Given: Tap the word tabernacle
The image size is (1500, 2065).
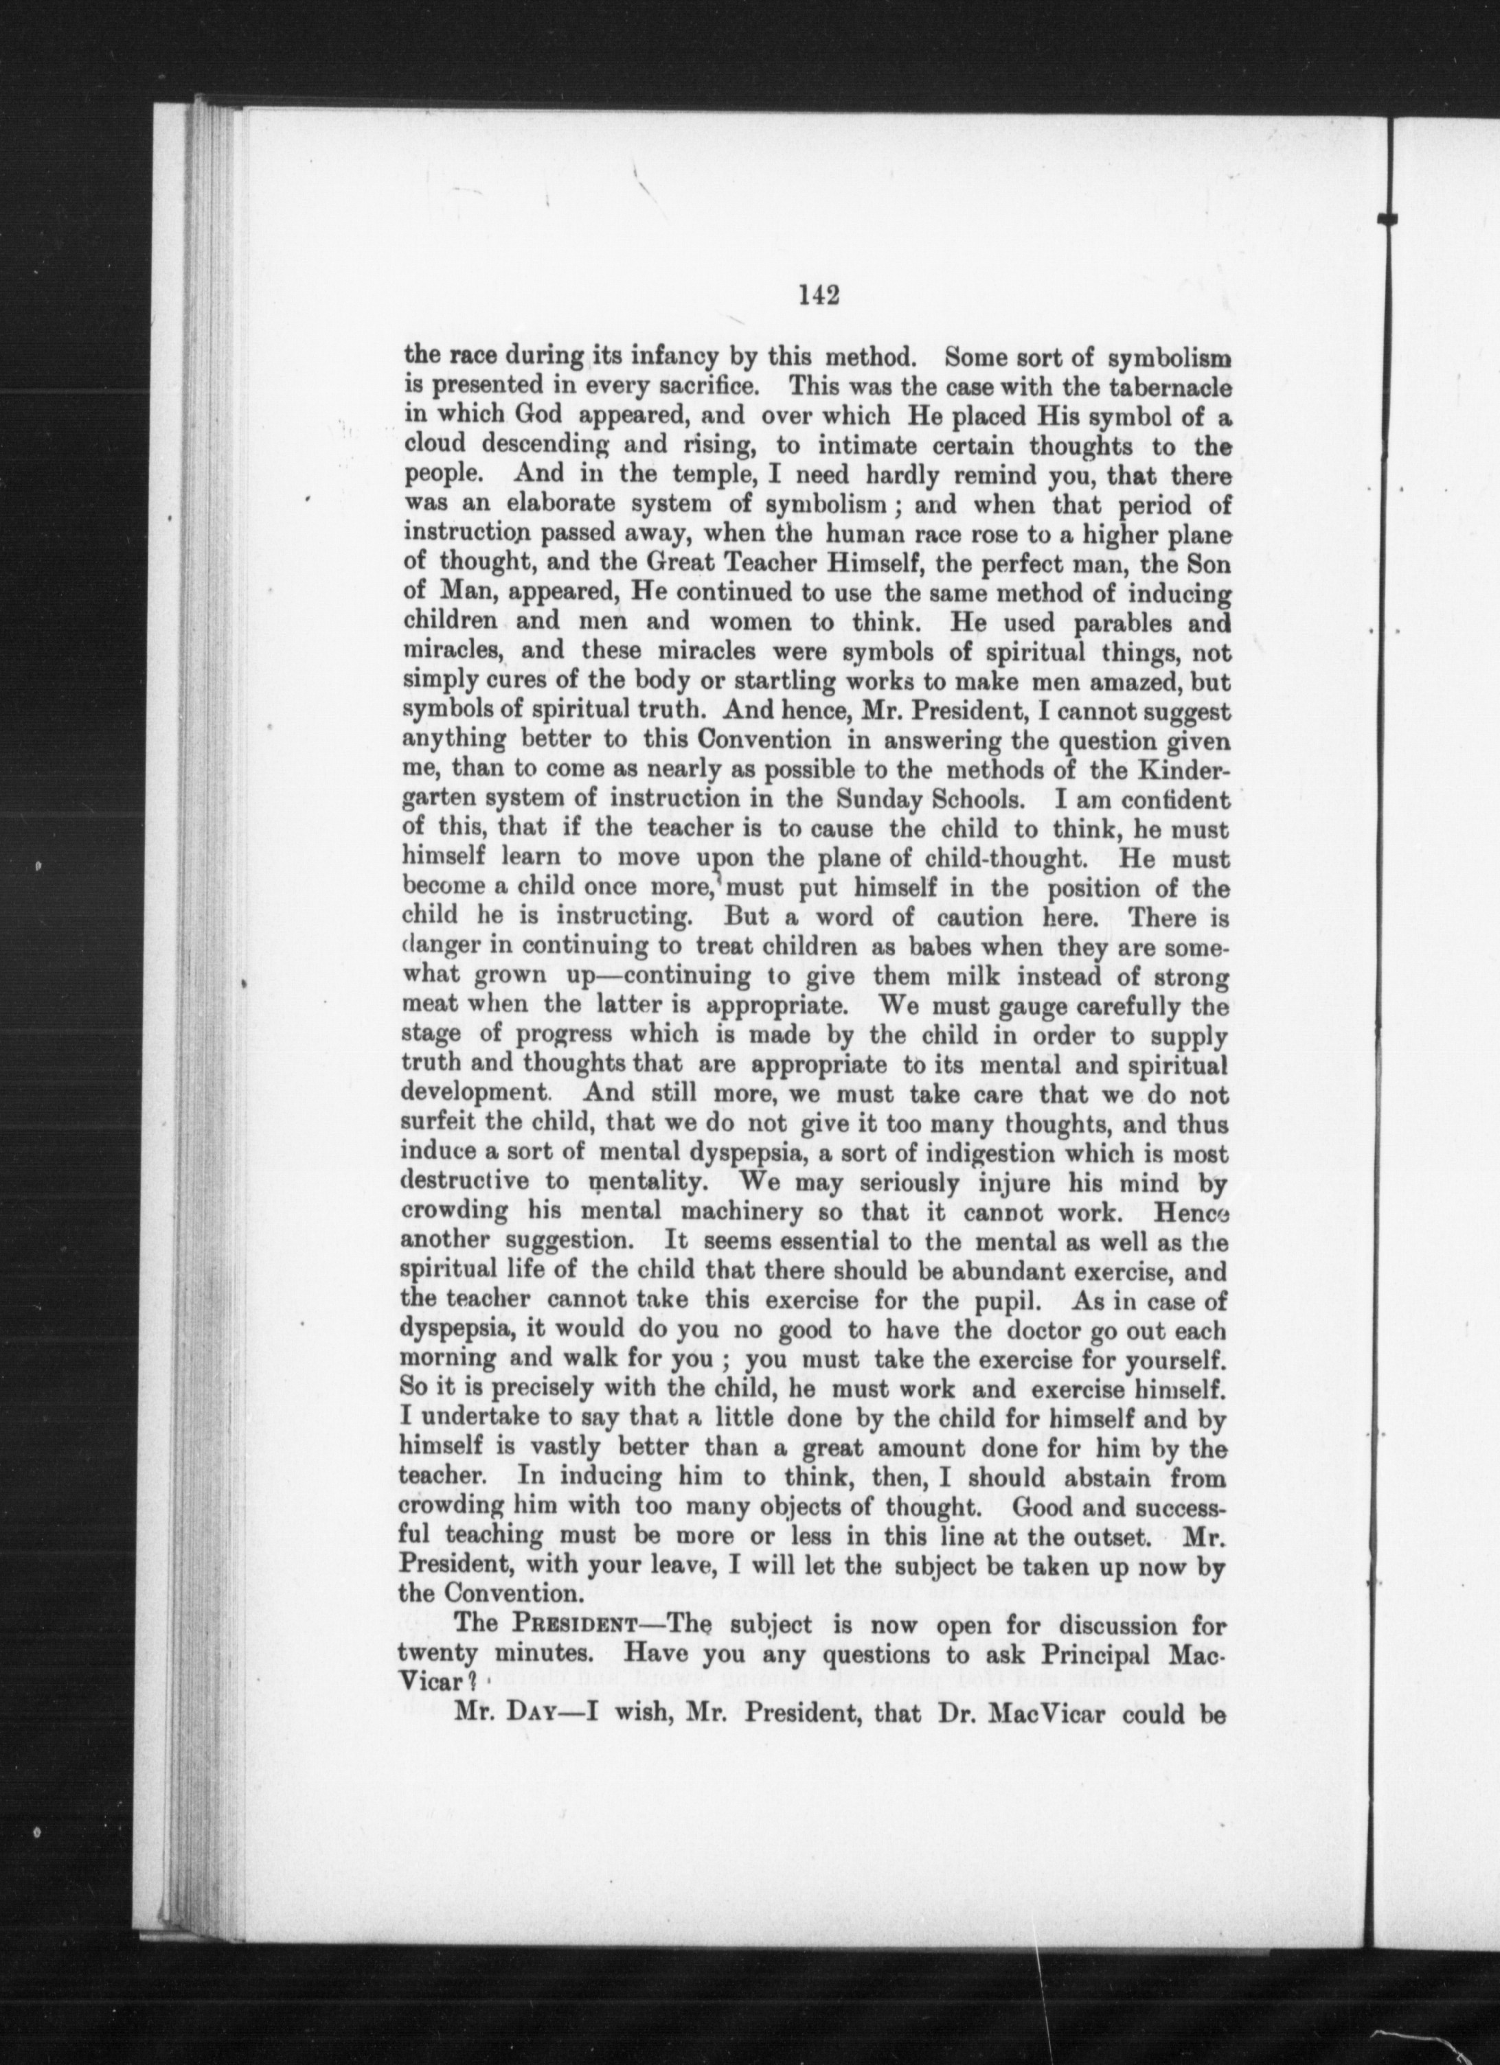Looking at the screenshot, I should pyautogui.click(x=1159, y=386).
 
